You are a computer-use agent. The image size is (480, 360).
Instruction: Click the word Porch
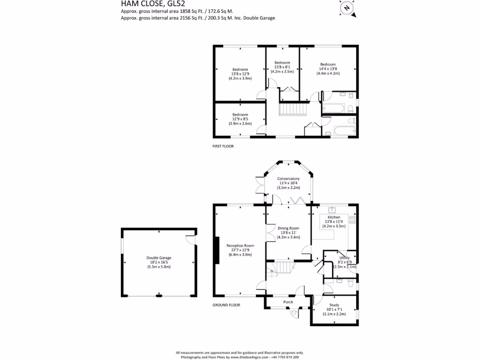288,302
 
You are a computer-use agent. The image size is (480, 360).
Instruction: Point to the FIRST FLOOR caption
223,146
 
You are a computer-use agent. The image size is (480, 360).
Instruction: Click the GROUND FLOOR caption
226,305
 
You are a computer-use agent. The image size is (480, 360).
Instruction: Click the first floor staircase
292,110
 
